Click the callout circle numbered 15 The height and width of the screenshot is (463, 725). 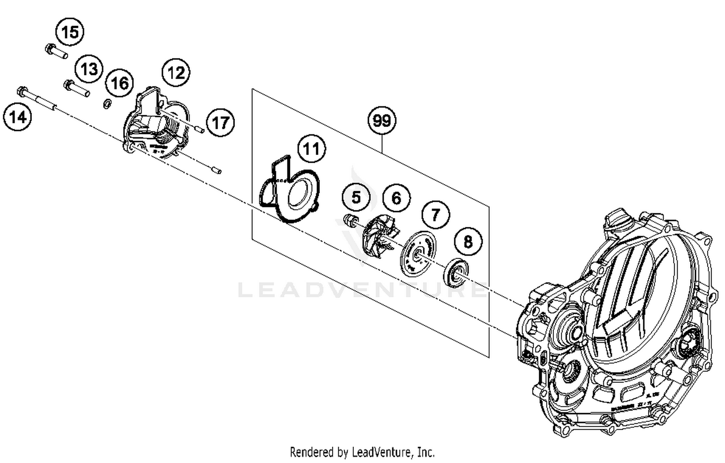[70, 32]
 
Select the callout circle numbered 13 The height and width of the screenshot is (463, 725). [89, 69]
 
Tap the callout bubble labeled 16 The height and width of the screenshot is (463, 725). [119, 83]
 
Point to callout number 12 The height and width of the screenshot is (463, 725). [175, 73]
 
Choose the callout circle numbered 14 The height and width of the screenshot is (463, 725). [18, 117]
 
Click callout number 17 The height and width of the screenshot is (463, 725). [220, 123]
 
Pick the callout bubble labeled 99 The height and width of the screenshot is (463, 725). [382, 120]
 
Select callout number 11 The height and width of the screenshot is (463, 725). [311, 149]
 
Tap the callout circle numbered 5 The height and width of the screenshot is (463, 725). [356, 197]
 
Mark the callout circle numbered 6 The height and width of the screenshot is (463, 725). [396, 198]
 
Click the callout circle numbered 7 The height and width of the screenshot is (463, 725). [435, 214]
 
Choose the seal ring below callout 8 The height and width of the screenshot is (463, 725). [456, 273]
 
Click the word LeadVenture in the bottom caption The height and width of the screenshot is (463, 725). [381, 452]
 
